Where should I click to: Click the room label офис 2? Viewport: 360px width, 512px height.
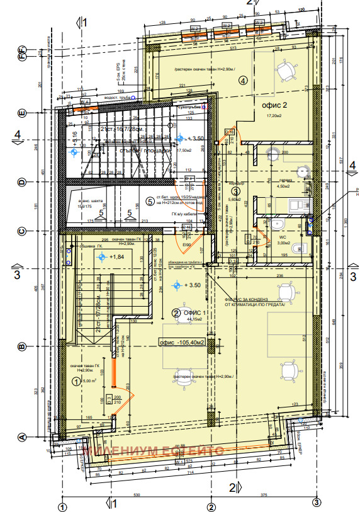point(274,105)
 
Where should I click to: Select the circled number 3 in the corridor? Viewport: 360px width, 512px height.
point(235,191)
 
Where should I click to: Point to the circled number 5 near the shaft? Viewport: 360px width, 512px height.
point(149,202)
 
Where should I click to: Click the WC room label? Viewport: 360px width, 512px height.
point(282,237)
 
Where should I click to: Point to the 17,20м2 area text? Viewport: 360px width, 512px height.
point(274,117)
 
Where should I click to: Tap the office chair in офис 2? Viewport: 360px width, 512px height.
point(286,71)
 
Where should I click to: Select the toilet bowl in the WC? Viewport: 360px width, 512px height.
point(277,225)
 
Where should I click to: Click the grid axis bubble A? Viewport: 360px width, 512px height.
point(21,436)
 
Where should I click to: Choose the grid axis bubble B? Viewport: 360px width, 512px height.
point(21,346)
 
